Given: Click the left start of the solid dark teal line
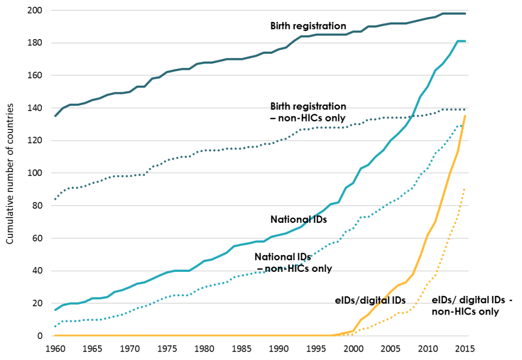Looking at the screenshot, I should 55,116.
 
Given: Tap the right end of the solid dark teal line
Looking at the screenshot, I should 465,14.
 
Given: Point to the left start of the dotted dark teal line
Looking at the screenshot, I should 55,199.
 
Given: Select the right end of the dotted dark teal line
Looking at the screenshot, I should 465,109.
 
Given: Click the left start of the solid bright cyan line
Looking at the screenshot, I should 55,310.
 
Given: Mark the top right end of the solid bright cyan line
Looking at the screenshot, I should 465,41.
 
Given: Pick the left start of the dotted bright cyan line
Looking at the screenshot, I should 55,327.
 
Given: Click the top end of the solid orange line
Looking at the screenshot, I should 465,116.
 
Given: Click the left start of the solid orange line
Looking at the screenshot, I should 54,335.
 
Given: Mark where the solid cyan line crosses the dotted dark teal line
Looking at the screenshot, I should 412,116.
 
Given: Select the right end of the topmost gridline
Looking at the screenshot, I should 468,10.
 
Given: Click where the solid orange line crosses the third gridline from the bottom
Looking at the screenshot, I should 414,271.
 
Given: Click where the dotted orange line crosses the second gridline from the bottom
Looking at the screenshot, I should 416,303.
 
